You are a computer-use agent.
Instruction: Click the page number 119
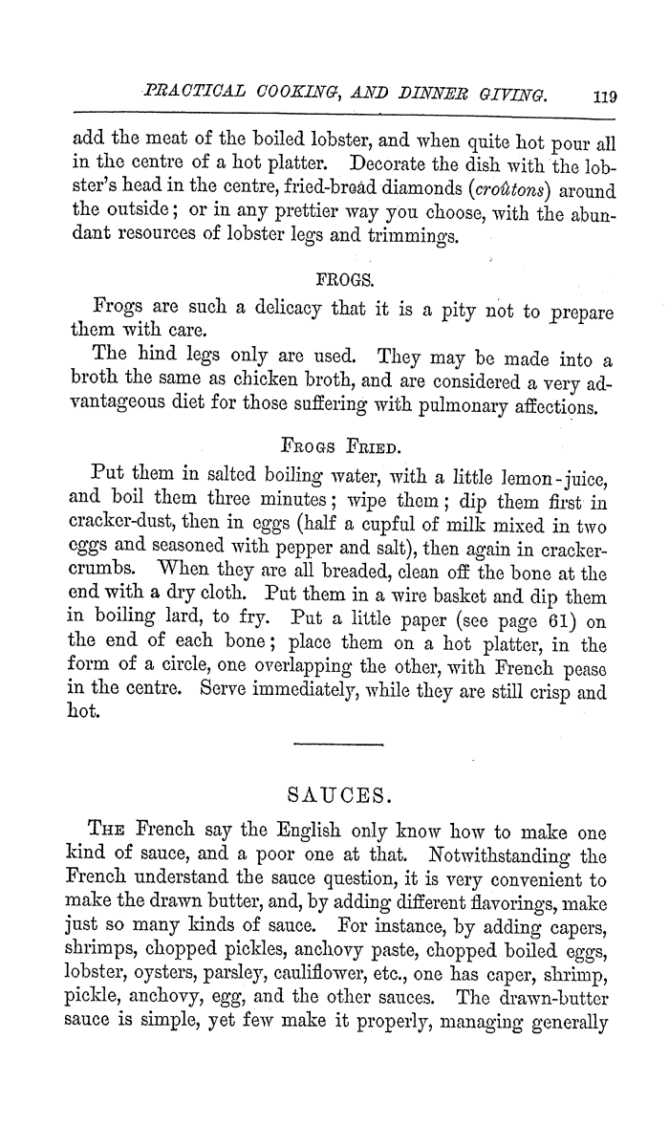pos(606,95)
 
